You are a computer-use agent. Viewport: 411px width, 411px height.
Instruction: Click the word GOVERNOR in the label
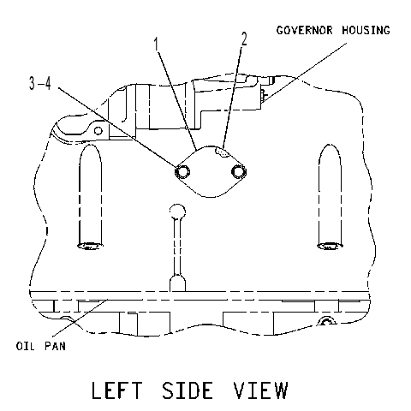305,30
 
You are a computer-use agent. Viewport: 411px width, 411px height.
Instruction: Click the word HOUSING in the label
366,30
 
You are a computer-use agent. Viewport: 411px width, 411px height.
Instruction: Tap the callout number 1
156,44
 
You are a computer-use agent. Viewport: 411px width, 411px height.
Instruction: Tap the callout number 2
244,39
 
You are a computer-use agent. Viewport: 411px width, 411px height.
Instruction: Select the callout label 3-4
40,83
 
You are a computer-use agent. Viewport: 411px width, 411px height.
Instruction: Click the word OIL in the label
25,346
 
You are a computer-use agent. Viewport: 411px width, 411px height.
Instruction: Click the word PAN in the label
55,346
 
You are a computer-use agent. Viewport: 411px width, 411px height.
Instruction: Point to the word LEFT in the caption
116,390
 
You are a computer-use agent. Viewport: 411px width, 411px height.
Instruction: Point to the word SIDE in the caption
188,390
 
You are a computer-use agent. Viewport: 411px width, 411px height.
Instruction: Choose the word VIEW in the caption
260,390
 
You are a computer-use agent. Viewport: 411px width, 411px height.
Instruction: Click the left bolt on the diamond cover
182,172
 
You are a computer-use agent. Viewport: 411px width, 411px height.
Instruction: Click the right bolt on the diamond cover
239,172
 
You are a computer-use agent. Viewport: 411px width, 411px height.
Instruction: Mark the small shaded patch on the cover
222,152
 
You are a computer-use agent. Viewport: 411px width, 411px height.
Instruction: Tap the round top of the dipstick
177,211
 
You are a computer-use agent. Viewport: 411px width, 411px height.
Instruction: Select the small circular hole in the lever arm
98,131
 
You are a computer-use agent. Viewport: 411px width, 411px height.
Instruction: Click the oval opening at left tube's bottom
90,246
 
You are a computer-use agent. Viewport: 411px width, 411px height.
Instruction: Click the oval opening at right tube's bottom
330,246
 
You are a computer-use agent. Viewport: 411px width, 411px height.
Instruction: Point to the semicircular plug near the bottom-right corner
327,321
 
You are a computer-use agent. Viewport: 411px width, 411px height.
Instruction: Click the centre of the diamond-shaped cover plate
211,171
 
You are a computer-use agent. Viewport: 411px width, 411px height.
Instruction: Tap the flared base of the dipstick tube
177,283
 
